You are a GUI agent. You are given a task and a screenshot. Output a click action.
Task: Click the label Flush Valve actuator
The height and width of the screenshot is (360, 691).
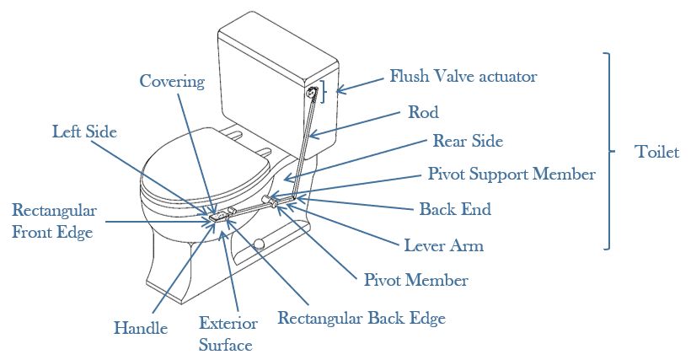coord(463,77)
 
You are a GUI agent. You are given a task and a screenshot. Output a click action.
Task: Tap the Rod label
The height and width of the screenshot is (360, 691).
coord(423,111)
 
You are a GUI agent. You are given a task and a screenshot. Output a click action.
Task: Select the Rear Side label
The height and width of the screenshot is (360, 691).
coord(468,141)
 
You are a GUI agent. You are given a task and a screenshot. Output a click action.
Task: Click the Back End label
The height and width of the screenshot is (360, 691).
coord(455,208)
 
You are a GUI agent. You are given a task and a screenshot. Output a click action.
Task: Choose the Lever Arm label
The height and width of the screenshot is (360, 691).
coord(444,246)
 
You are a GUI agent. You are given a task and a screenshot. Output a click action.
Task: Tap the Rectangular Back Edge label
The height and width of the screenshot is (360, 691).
coord(362,319)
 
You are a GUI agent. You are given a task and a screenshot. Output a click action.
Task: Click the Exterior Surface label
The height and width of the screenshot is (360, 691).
coord(225,333)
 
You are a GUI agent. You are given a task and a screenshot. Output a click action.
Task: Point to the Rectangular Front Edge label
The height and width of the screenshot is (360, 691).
coord(54,221)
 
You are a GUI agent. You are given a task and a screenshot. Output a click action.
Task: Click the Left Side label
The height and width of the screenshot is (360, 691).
coord(84,132)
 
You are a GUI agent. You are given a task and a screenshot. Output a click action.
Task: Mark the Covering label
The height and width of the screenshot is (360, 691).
coord(172,81)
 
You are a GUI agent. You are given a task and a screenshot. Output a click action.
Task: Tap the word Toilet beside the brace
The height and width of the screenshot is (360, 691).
coord(656,152)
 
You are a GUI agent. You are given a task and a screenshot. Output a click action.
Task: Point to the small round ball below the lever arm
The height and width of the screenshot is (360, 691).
coord(260,245)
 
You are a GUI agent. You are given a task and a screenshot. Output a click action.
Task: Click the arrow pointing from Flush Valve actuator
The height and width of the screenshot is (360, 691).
coord(359,82)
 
